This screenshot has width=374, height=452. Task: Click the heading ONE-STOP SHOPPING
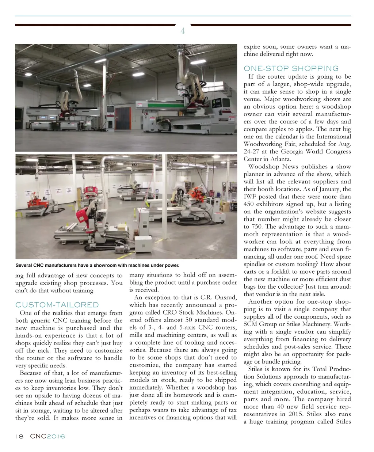[x=291, y=68]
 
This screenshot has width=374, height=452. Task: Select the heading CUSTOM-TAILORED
[x=57, y=305]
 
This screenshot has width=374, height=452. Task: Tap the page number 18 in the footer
[x=19, y=436]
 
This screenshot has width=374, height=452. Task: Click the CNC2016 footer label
[x=47, y=436]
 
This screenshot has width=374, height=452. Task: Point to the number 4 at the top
[x=182, y=31]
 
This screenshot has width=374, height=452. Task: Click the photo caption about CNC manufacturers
[x=97, y=265]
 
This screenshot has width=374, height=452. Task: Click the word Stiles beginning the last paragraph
[x=255, y=369]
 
